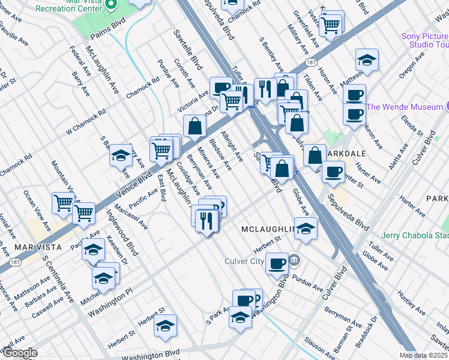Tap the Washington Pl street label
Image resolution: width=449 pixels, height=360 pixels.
pos(109,304)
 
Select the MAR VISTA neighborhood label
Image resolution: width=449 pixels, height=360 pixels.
pos(30,247)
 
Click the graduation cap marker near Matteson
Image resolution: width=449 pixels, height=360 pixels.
pos(367,60)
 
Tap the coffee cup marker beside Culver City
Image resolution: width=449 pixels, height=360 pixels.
pos(277,263)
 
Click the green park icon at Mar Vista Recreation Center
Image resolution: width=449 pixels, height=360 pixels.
pos(110,4)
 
